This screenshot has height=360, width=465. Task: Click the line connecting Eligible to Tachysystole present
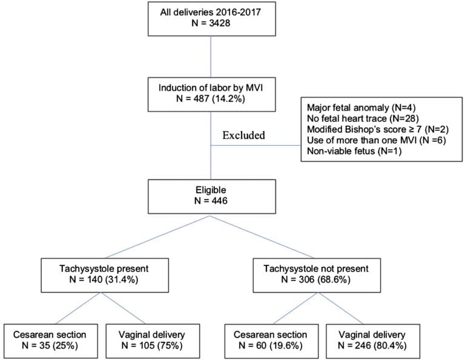point(159,237)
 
